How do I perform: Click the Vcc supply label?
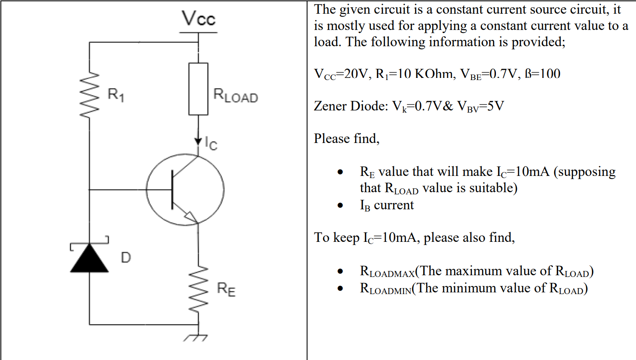198,18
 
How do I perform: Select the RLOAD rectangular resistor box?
198,89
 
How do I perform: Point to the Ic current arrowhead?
198,141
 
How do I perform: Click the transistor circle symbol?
185,189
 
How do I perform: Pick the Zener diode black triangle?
90,259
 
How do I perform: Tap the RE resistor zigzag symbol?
198,289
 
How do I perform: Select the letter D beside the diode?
125,258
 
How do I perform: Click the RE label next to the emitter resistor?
226,289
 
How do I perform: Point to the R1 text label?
116,94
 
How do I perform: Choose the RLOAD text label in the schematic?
235,95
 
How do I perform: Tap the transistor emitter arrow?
190,217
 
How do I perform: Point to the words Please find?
346,139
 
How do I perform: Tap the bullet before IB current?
340,205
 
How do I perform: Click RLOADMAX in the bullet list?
387,271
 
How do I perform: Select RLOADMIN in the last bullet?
385,289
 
